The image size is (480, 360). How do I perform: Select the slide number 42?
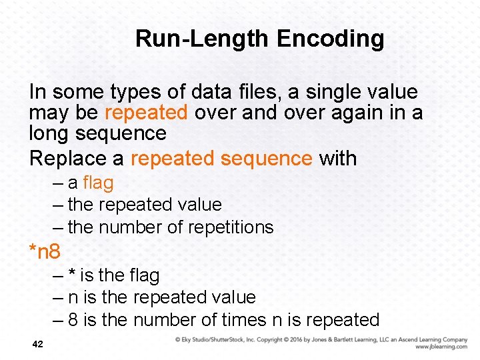(x=37, y=344)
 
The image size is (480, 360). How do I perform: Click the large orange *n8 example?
(x=45, y=251)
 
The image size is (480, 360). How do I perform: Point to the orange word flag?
(x=98, y=183)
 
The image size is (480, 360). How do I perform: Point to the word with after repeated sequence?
(x=338, y=159)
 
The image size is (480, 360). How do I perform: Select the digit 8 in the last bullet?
(x=73, y=320)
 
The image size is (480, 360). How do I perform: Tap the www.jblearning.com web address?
(x=441, y=347)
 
